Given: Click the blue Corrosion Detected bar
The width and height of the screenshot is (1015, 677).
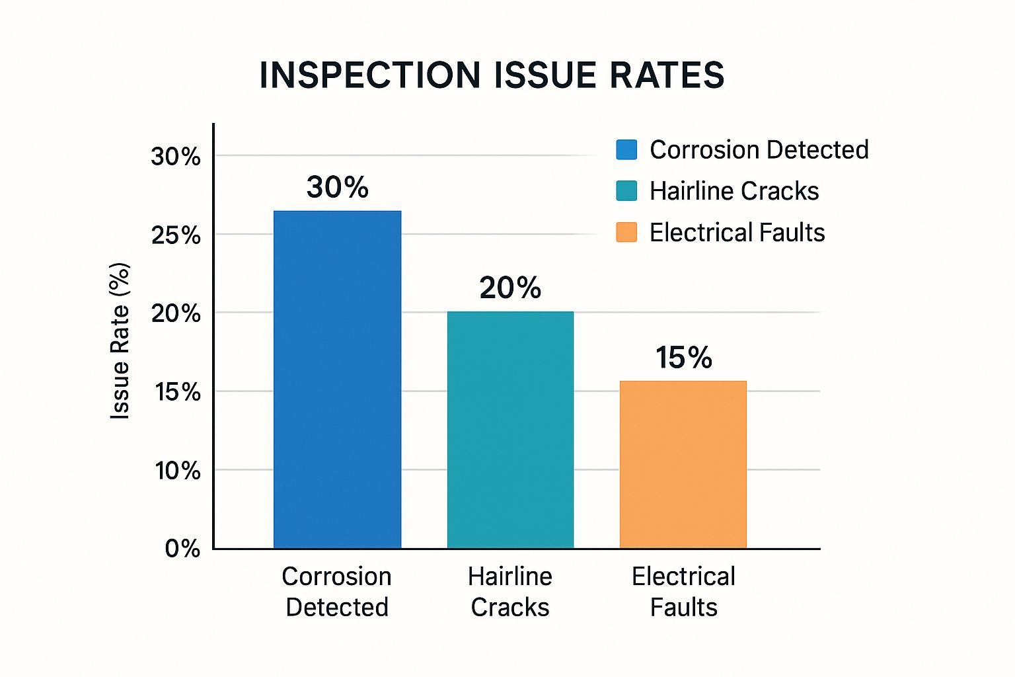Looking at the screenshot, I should (x=337, y=379).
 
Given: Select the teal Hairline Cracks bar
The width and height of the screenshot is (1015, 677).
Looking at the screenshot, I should (x=510, y=430).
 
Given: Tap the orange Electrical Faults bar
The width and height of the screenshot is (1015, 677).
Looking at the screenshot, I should (x=683, y=464).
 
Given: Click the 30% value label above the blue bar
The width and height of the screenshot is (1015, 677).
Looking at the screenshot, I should (x=337, y=187).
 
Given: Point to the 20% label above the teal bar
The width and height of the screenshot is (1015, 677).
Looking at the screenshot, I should (x=510, y=288).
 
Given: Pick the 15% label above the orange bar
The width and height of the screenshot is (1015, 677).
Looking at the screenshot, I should (x=683, y=358).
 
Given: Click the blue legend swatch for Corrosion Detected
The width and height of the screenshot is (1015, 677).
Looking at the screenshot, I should (x=626, y=150).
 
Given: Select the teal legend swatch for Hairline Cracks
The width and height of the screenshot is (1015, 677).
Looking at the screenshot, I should (x=626, y=191).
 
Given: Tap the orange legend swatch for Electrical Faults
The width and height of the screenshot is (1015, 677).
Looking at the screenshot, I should (x=626, y=232).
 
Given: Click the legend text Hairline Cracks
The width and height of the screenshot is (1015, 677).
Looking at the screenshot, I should (x=734, y=191).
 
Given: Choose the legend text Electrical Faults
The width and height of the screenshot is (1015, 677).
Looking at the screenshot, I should (x=737, y=233).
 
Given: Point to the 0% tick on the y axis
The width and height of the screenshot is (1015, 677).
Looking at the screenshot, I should (x=182, y=549).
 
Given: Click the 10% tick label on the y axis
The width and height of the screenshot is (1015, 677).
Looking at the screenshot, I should (x=177, y=471).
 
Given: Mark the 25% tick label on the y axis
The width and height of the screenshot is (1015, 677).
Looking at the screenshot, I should (x=176, y=235).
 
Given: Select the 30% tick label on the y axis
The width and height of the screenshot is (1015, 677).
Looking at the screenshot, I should (x=176, y=157).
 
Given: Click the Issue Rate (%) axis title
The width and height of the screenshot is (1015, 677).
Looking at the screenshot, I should (x=120, y=341).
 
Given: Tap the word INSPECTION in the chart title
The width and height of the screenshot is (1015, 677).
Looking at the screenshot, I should (x=370, y=75).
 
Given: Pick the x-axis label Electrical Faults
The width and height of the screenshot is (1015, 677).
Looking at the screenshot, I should (x=683, y=592).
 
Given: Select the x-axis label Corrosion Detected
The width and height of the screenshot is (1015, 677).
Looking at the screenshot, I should (x=337, y=592).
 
